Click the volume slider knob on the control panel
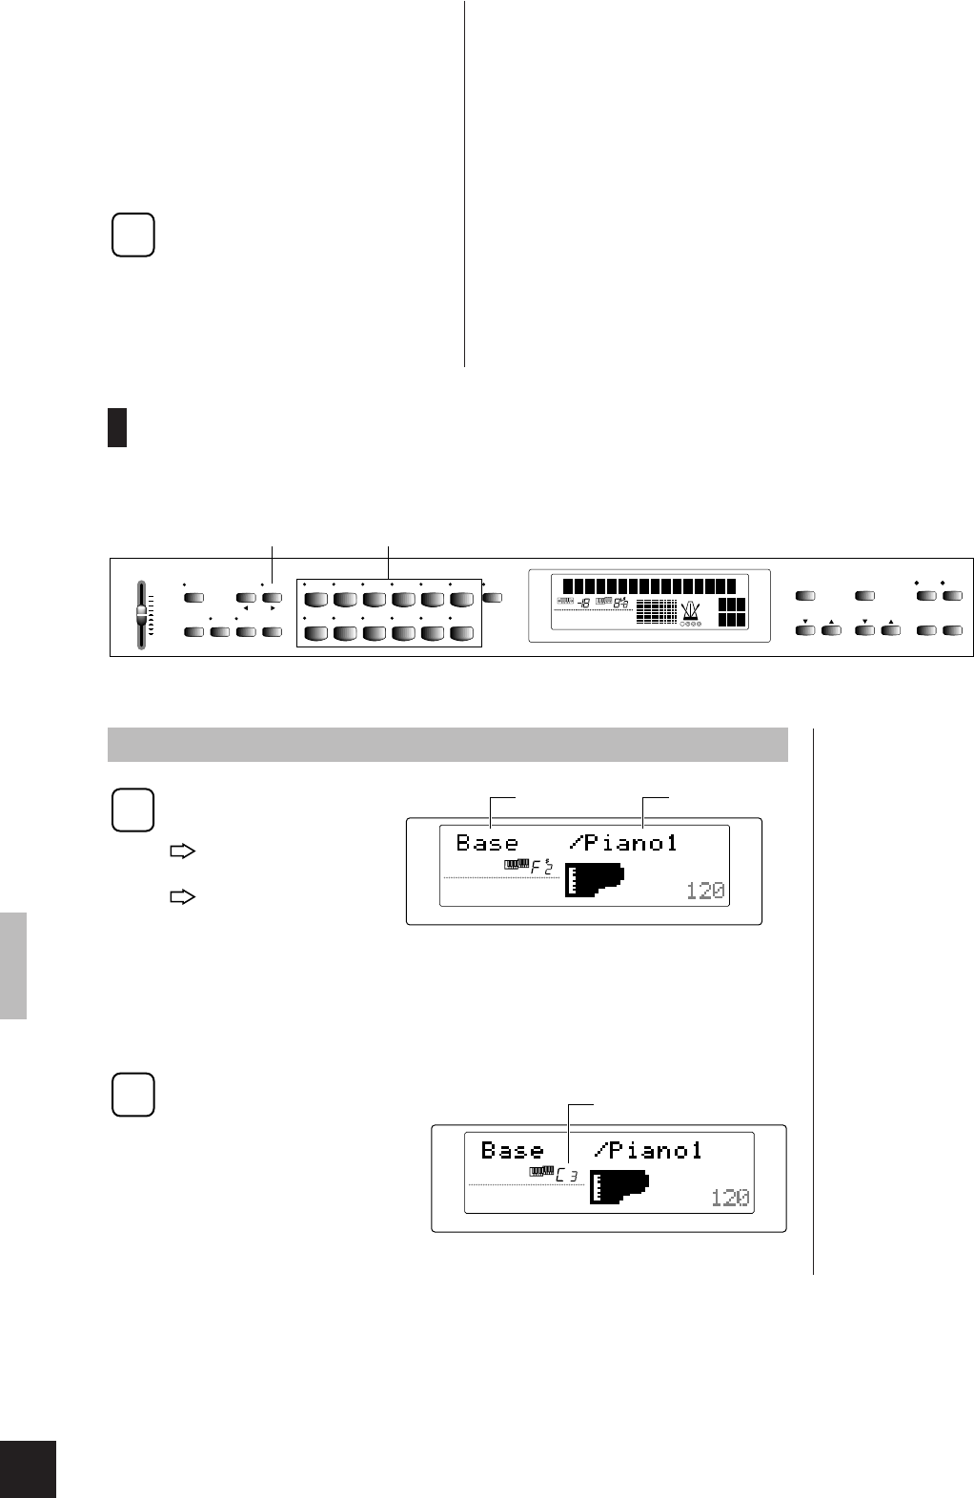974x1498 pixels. (x=142, y=611)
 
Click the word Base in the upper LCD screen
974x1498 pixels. (x=487, y=843)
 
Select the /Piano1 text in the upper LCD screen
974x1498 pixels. (x=623, y=843)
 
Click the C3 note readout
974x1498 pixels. (x=567, y=1175)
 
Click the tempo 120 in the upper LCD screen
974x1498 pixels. (x=705, y=891)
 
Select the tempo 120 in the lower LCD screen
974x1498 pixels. (x=730, y=1198)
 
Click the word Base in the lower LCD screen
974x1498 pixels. (x=512, y=1151)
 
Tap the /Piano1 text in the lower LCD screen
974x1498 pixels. (x=648, y=1151)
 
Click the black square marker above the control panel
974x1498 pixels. (x=117, y=427)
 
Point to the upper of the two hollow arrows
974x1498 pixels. (x=182, y=852)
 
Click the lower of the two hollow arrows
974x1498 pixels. (x=182, y=896)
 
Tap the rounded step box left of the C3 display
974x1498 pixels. (x=133, y=1095)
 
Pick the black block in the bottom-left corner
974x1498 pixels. (x=28, y=1468)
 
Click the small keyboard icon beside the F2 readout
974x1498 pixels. (x=516, y=866)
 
